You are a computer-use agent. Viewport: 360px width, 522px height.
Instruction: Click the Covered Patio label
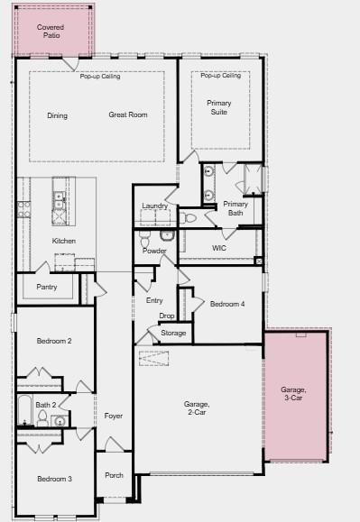(x=51, y=32)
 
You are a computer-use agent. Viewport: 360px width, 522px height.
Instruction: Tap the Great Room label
(x=128, y=115)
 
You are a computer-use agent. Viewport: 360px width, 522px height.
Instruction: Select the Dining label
(x=58, y=115)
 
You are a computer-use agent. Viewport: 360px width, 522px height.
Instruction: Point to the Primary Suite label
(x=219, y=107)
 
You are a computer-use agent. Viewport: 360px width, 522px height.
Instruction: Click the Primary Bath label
(x=235, y=208)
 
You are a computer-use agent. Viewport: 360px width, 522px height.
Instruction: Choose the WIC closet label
(x=219, y=247)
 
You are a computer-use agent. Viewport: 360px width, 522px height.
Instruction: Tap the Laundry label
(x=154, y=206)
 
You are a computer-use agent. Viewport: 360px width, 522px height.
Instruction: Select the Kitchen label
(x=64, y=241)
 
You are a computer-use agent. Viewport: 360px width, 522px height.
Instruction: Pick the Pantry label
(x=47, y=287)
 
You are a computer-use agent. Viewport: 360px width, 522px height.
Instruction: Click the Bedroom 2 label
(x=54, y=341)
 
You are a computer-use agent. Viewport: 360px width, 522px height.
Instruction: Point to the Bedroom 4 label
(x=227, y=305)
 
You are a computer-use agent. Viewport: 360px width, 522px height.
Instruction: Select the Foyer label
(x=114, y=416)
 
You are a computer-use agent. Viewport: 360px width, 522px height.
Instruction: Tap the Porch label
(x=115, y=475)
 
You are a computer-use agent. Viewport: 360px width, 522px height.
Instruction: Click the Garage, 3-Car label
(x=294, y=393)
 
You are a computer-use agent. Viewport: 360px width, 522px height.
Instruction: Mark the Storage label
(x=173, y=333)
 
